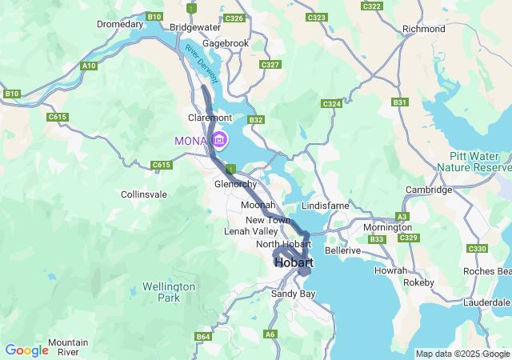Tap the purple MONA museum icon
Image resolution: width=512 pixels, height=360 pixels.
point(219,142)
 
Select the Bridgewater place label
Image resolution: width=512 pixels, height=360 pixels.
point(195,26)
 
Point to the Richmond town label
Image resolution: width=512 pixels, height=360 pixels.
point(423,29)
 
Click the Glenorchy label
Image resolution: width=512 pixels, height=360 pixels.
point(235,184)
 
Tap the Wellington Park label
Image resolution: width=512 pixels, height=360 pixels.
point(169,292)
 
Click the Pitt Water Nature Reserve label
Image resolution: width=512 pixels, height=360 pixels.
point(474,162)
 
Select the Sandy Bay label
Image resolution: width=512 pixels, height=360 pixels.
point(294,294)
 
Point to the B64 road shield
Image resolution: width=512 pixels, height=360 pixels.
point(203,338)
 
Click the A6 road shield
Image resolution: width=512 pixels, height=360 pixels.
point(270,334)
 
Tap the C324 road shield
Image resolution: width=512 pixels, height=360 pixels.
point(331,104)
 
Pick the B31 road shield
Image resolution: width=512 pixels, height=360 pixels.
point(400,102)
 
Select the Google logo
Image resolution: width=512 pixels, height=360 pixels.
point(26,350)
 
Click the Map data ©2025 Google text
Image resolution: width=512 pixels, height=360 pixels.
point(462,354)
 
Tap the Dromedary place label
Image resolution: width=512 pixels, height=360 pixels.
point(119,24)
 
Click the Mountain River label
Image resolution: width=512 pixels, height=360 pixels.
point(68,347)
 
